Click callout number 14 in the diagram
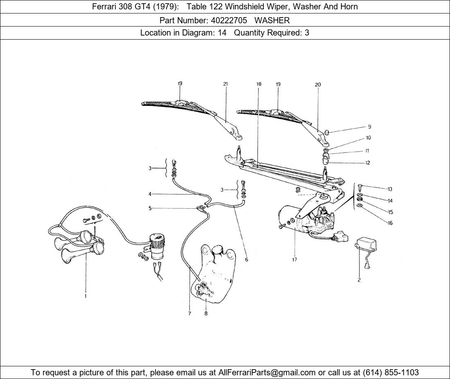[x=390, y=201]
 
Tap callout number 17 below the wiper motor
[x=295, y=259]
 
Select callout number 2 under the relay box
[x=359, y=280]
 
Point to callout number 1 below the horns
[x=85, y=296]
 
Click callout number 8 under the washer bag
[x=206, y=313]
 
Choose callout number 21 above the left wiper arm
[x=225, y=84]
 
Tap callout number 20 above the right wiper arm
[x=318, y=85]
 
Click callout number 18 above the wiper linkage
[x=259, y=84]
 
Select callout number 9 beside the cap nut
[x=369, y=127]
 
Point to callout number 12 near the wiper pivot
[x=367, y=163]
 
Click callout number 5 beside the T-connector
[x=150, y=208]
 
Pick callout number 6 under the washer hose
[x=246, y=259]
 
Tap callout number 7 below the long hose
[x=189, y=313]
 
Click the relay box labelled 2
[x=367, y=245]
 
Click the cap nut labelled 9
[x=327, y=132]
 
